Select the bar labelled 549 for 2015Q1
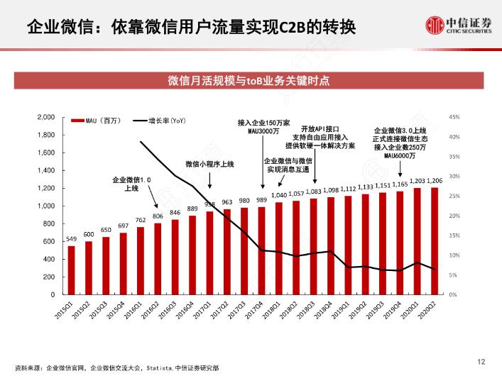72,270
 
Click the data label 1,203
418,182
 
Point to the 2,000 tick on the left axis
46,117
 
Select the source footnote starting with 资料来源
116,367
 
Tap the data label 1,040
279,195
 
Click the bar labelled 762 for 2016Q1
141,260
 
